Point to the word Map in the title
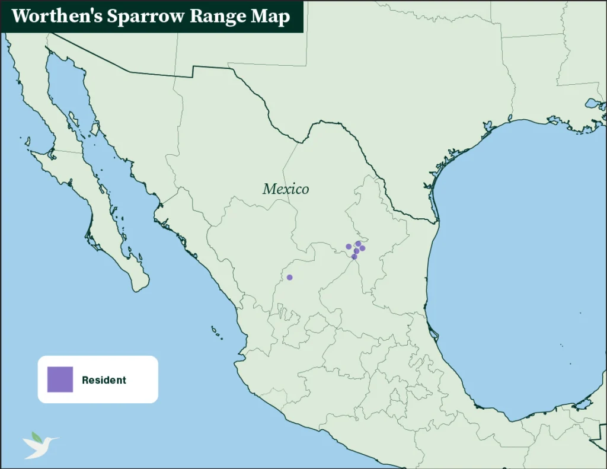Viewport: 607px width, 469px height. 271,16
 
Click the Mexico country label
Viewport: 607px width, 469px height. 286,189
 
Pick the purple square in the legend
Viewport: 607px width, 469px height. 60,379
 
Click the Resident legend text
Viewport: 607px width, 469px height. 104,380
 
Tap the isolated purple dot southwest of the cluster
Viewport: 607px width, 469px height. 289,277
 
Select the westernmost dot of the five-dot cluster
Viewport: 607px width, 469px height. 349,247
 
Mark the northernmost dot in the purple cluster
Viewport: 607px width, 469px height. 358,244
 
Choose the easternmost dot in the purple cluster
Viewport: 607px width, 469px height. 363,248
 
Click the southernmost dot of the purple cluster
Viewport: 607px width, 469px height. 354,257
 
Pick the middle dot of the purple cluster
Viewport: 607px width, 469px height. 357,251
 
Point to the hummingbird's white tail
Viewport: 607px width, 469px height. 28,455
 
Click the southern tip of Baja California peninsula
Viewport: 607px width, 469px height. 140,289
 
